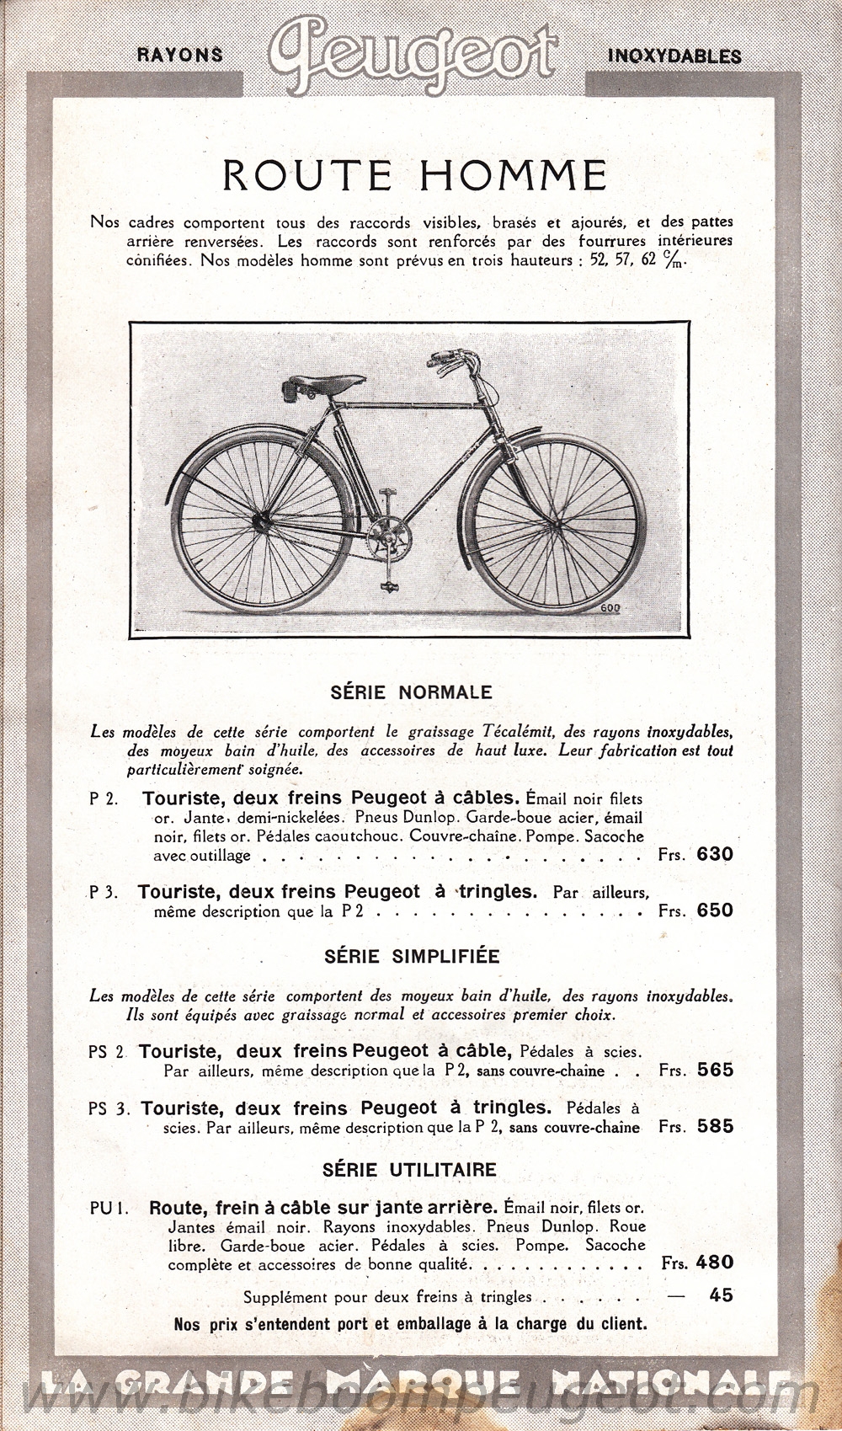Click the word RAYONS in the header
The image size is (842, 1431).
pos(179,56)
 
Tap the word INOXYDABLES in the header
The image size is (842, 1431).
pos(674,56)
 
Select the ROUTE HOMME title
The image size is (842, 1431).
pos(414,175)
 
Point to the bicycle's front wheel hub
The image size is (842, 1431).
pos(553,526)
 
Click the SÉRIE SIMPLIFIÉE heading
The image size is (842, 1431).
pos(412,957)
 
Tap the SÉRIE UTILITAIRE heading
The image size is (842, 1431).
pos(409,1169)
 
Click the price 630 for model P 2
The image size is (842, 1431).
pos(715,855)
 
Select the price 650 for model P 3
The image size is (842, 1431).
pos(715,910)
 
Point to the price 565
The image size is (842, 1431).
pos(715,1071)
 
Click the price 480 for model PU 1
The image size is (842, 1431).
pos(715,1263)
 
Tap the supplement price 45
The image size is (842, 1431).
pos(721,1295)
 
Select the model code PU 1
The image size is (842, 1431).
pos(108,1208)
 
